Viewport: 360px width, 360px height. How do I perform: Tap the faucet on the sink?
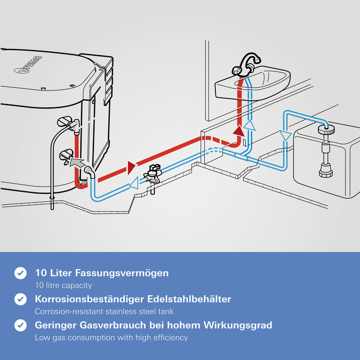pyautogui.click(x=247, y=65)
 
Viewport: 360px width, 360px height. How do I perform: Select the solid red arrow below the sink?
pyautogui.click(x=240, y=132)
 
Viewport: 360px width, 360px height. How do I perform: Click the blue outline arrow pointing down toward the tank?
pyautogui.click(x=282, y=136)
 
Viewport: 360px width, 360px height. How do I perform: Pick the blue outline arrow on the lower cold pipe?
pyautogui.click(x=134, y=183)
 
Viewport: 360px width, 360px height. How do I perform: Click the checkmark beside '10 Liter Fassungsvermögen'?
pyautogui.click(x=20, y=273)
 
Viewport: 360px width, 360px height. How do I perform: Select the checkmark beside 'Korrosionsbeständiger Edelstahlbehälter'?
pyautogui.click(x=20, y=299)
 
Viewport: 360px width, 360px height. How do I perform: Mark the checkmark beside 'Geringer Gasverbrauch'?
pyautogui.click(x=20, y=325)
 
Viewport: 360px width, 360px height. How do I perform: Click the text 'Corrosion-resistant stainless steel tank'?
pyautogui.click(x=104, y=312)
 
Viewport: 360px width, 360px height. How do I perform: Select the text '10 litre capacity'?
pyautogui.click(x=63, y=285)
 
